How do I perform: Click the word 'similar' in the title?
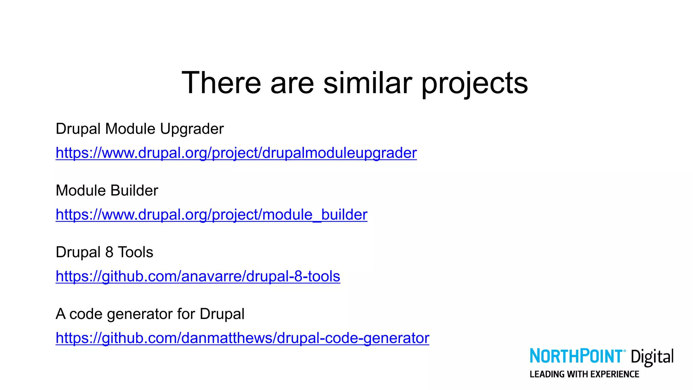point(367,83)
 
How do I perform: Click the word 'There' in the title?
point(221,83)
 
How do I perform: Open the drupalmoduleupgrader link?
point(236,153)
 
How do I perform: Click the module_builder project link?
point(211,215)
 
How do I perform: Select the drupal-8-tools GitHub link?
point(198,276)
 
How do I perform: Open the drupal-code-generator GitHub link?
point(242,338)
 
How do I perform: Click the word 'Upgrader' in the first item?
point(192,129)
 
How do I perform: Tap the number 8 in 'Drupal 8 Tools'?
point(109,252)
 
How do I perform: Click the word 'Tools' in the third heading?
point(135,252)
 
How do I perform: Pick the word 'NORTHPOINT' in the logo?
point(576,356)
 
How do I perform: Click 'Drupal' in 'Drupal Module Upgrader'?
point(78,129)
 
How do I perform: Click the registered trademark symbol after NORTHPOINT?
point(624,351)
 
